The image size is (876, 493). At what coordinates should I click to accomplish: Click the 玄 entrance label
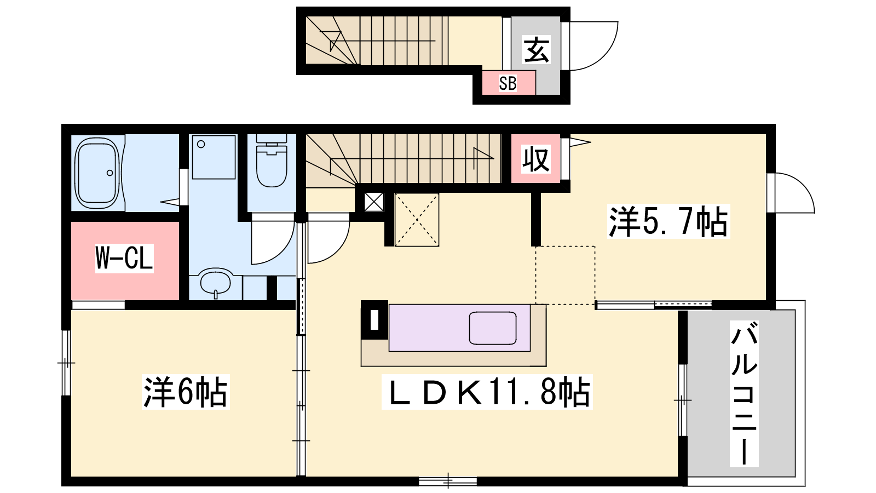pyautogui.click(x=536, y=50)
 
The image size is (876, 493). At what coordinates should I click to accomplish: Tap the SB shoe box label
pyautogui.click(x=508, y=83)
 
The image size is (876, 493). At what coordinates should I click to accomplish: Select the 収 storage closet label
pyautogui.click(x=536, y=159)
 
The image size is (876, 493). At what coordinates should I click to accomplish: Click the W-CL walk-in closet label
pyautogui.click(x=124, y=258)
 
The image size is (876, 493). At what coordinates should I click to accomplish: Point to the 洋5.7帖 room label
pyautogui.click(x=668, y=221)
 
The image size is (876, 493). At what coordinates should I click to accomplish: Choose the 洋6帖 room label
pyautogui.click(x=186, y=392)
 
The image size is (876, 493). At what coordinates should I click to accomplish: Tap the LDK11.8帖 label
pyautogui.click(x=487, y=392)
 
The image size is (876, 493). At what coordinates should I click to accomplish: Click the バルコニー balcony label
pyautogui.click(x=744, y=394)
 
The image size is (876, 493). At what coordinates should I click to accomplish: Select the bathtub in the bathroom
pyautogui.click(x=97, y=173)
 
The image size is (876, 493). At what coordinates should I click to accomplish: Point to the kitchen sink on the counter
pyautogui.click(x=492, y=328)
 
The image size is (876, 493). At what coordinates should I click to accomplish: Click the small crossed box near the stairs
pyautogui.click(x=374, y=202)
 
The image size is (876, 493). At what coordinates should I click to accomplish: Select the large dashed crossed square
pyautogui.click(x=417, y=220)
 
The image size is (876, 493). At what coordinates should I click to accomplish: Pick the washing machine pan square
pyautogui.click(x=214, y=157)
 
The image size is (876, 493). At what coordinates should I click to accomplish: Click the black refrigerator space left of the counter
pyautogui.click(x=374, y=319)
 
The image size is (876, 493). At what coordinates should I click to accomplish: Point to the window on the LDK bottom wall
pyautogui.click(x=448, y=480)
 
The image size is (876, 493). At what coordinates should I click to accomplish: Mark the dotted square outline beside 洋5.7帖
pyautogui.click(x=566, y=275)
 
